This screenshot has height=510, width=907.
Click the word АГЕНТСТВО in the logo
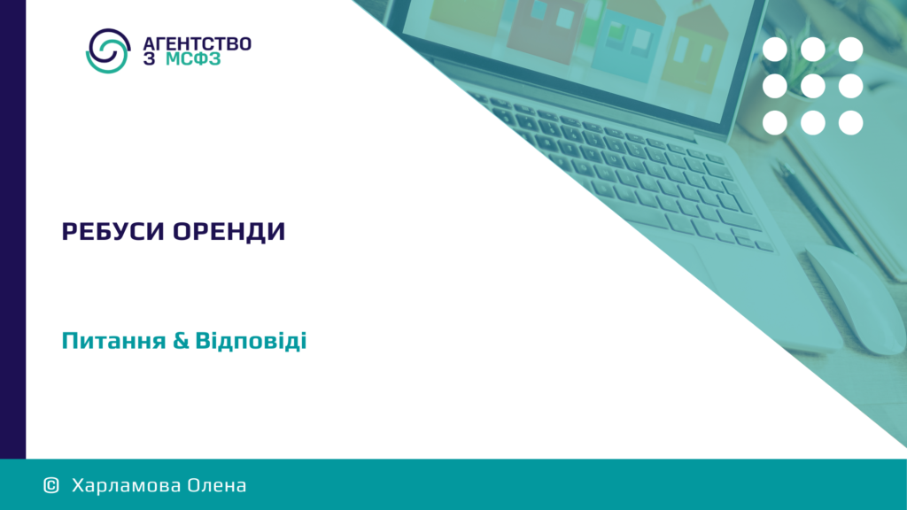197,44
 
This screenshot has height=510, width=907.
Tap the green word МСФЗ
193,59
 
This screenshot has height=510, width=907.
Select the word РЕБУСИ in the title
113,232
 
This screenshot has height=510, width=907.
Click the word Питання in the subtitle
114,341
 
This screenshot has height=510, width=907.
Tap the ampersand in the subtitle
181,341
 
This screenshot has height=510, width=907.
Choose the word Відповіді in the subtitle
251,341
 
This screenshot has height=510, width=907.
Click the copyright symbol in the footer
51,485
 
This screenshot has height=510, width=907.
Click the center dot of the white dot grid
813,86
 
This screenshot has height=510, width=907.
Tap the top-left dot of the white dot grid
774,50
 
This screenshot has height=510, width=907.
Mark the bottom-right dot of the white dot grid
851,122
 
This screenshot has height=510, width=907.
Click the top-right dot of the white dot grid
851,50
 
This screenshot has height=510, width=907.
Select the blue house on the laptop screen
631,43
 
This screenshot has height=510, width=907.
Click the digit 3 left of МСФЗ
149,59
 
